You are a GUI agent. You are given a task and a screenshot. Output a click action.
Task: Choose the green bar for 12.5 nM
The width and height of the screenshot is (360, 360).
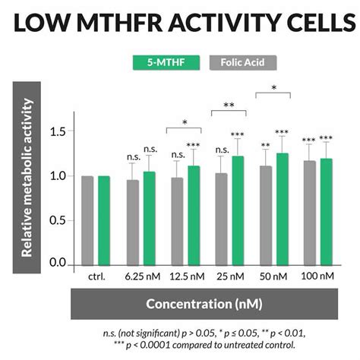(x=194, y=216)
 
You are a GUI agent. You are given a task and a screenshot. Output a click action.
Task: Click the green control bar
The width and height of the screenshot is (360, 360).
(x=104, y=220)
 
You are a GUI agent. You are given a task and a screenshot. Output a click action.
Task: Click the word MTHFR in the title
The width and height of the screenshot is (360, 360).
(x=132, y=24)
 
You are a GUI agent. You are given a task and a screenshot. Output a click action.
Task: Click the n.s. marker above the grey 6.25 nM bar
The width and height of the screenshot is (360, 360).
(x=133, y=158)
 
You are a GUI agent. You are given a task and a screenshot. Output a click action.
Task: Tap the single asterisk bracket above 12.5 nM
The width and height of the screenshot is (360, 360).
(x=185, y=122)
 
